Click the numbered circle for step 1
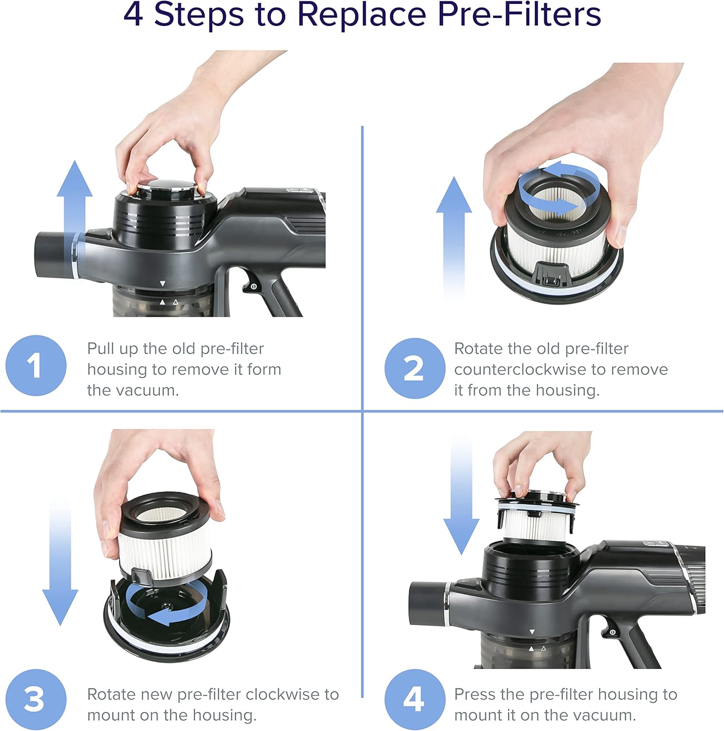click(x=36, y=365)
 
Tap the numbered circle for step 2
click(x=415, y=368)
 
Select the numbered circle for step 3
click(x=36, y=699)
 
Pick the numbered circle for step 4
click(x=415, y=699)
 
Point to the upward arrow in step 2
click(x=454, y=239)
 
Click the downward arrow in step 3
click(x=60, y=560)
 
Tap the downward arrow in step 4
click(x=461, y=495)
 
